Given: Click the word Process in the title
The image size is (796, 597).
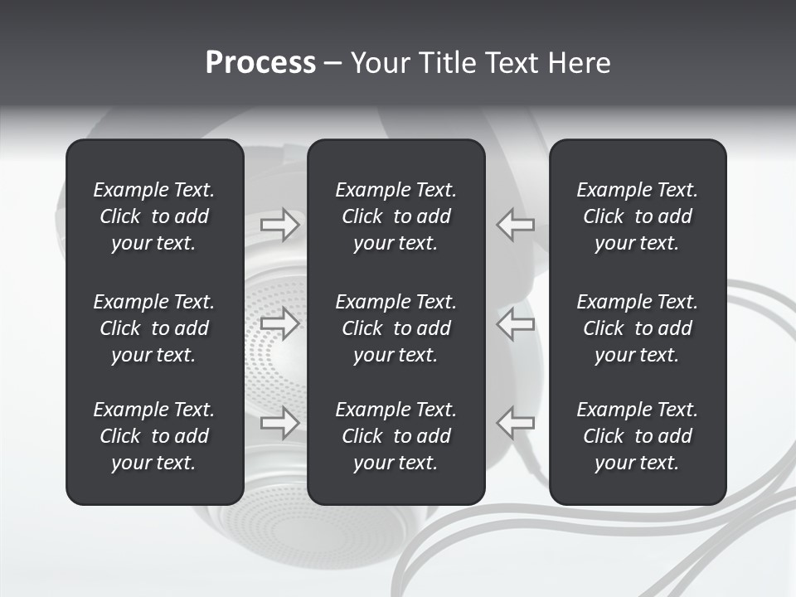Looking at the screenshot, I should click(x=260, y=63).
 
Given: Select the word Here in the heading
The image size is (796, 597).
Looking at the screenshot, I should click(x=579, y=63).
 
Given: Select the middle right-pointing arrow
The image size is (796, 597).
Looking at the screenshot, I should click(x=280, y=323).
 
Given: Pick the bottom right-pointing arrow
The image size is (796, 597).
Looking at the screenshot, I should click(x=280, y=422).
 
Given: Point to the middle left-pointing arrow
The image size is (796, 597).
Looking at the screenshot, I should click(x=515, y=323).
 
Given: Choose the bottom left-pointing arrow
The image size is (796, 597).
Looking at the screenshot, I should click(x=515, y=422).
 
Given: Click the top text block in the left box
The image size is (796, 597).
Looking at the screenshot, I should click(x=154, y=216).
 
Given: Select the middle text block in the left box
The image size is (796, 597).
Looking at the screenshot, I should click(x=154, y=328).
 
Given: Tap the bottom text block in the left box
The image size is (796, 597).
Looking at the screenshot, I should click(x=154, y=436).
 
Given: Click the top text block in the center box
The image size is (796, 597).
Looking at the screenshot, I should click(x=396, y=216).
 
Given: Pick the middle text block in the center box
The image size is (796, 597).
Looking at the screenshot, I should click(x=396, y=328).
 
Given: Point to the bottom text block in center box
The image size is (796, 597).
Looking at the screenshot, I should click(x=396, y=436).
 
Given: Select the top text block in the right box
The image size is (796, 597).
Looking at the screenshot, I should click(x=637, y=216).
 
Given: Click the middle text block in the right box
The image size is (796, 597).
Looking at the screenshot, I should click(x=637, y=328).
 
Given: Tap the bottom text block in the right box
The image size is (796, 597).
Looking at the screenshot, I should click(x=637, y=436).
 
